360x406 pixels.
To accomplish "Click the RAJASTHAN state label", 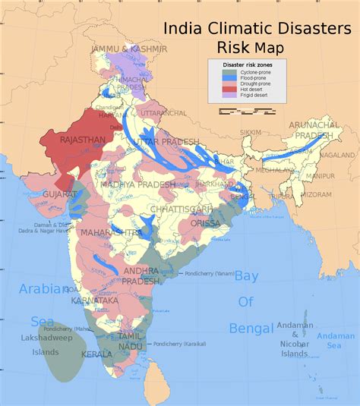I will click(78, 140).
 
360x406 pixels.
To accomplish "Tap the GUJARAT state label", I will click(38, 194).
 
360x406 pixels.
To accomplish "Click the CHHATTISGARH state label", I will click(179, 209).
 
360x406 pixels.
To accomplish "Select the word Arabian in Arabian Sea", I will click(37, 289).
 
